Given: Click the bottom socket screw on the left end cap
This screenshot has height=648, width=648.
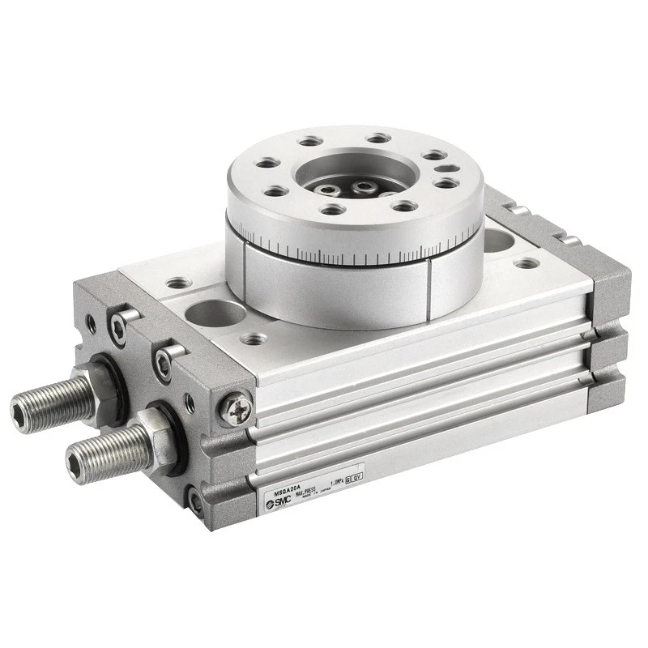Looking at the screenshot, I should click(x=194, y=500).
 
